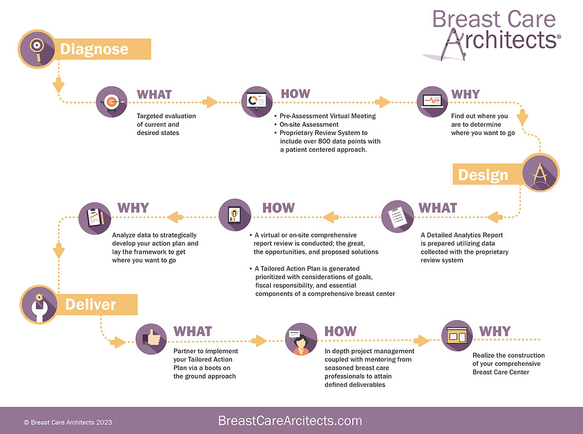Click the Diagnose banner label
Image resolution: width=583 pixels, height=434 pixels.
94,49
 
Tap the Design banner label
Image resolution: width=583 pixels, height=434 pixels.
483,175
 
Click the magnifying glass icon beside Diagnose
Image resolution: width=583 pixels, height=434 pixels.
37,48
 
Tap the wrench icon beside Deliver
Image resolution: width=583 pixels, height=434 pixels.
39,304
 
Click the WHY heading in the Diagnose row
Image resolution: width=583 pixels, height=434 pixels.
465,95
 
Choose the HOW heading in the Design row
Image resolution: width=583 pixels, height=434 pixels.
279,208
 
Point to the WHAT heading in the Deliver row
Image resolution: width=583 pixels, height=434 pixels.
193,332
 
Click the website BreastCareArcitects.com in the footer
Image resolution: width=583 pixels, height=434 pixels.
290,421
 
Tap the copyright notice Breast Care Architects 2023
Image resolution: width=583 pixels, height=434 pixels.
68,423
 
